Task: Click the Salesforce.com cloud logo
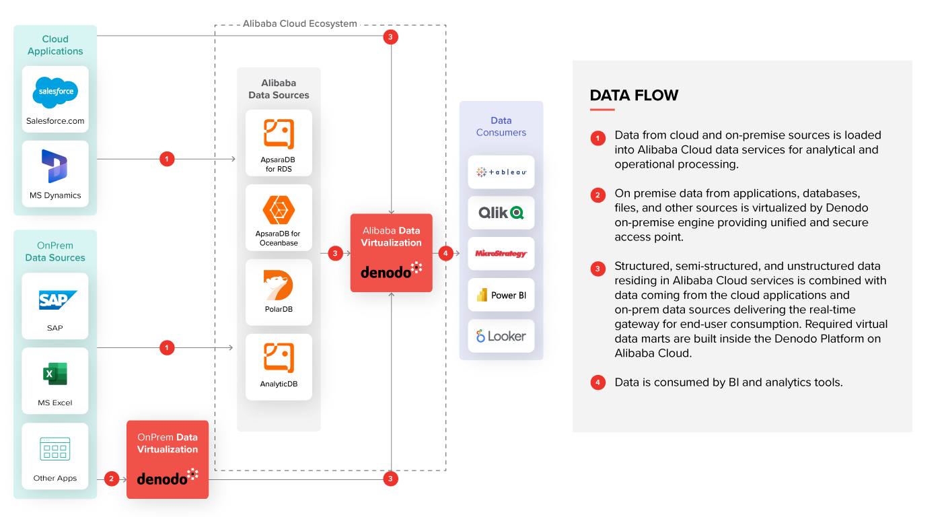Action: point(55,92)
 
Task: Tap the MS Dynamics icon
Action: point(55,166)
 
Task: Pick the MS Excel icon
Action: point(55,374)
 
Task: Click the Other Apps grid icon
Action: point(55,449)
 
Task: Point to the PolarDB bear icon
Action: point(279,285)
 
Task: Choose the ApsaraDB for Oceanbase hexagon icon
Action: point(279,210)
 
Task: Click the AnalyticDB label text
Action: point(279,384)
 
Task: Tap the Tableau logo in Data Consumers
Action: point(501,172)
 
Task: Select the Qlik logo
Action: point(501,213)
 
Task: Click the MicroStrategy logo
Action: point(501,254)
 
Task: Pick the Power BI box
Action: point(501,295)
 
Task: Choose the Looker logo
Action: point(501,336)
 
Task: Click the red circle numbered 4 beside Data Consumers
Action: point(445,253)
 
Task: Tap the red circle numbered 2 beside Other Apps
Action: point(112,479)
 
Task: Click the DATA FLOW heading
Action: point(634,96)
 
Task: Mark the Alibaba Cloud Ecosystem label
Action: point(300,24)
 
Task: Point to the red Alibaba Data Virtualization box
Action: point(391,252)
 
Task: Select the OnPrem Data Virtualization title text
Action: point(168,443)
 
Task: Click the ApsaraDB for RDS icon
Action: point(279,134)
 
